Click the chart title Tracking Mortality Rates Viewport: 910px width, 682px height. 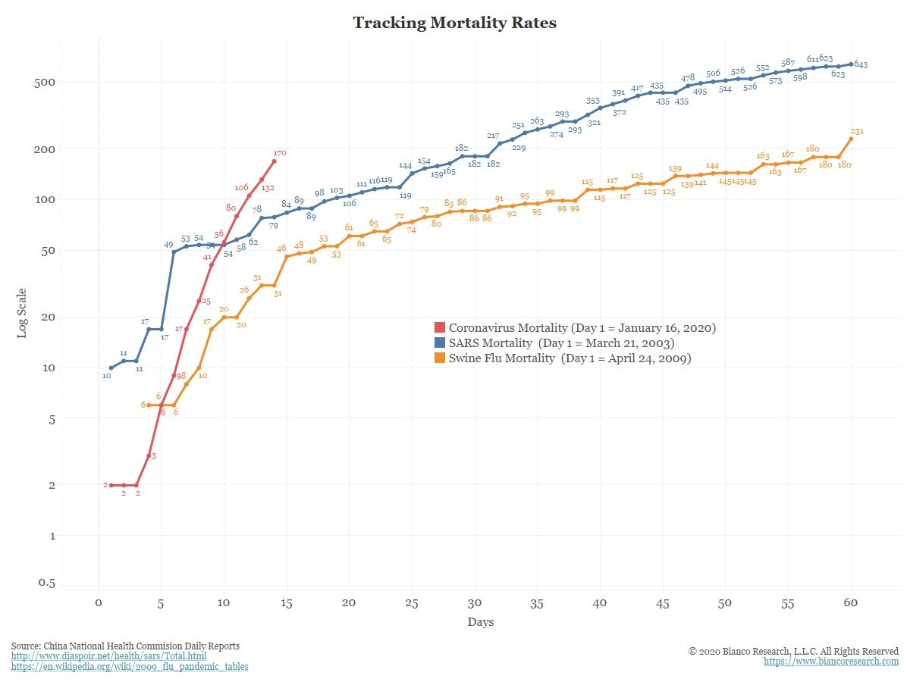[454, 23]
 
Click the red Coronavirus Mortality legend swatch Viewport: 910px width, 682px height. [439, 327]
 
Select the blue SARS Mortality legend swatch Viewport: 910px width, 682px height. [439, 343]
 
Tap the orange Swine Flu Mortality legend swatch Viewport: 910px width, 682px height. [439, 358]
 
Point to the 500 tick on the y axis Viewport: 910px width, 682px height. [44, 83]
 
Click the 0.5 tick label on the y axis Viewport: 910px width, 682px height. [46, 583]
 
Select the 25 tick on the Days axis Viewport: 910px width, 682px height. [412, 603]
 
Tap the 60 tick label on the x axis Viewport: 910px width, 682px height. [851, 602]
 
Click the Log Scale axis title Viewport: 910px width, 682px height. [21, 313]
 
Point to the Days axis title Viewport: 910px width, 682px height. [481, 622]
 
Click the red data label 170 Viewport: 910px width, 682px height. [280, 153]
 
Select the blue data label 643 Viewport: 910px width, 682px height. [861, 64]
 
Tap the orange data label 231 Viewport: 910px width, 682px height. [857, 131]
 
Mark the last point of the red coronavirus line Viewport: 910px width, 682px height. [274, 161]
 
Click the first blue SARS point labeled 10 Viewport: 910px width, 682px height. [111, 368]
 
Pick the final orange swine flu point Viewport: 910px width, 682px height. [851, 139]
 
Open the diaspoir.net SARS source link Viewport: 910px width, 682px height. [108, 656]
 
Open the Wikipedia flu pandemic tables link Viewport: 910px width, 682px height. [130, 666]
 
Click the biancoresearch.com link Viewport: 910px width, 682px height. [831, 662]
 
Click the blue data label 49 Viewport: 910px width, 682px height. [168, 245]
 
